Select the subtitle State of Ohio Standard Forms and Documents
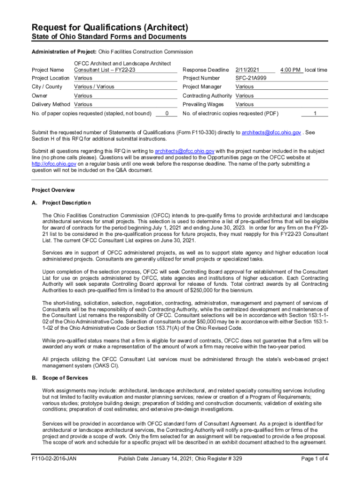click(109, 37)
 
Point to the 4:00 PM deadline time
click(290, 70)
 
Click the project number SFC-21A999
click(251, 78)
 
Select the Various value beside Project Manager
click(245, 87)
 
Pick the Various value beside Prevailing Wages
click(245, 104)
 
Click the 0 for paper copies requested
click(167, 113)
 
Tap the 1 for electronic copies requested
click(315, 113)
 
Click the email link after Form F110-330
click(271, 133)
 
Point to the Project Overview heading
click(53, 190)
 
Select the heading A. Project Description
click(61, 203)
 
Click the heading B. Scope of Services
click(59, 377)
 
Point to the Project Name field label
click(48, 70)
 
